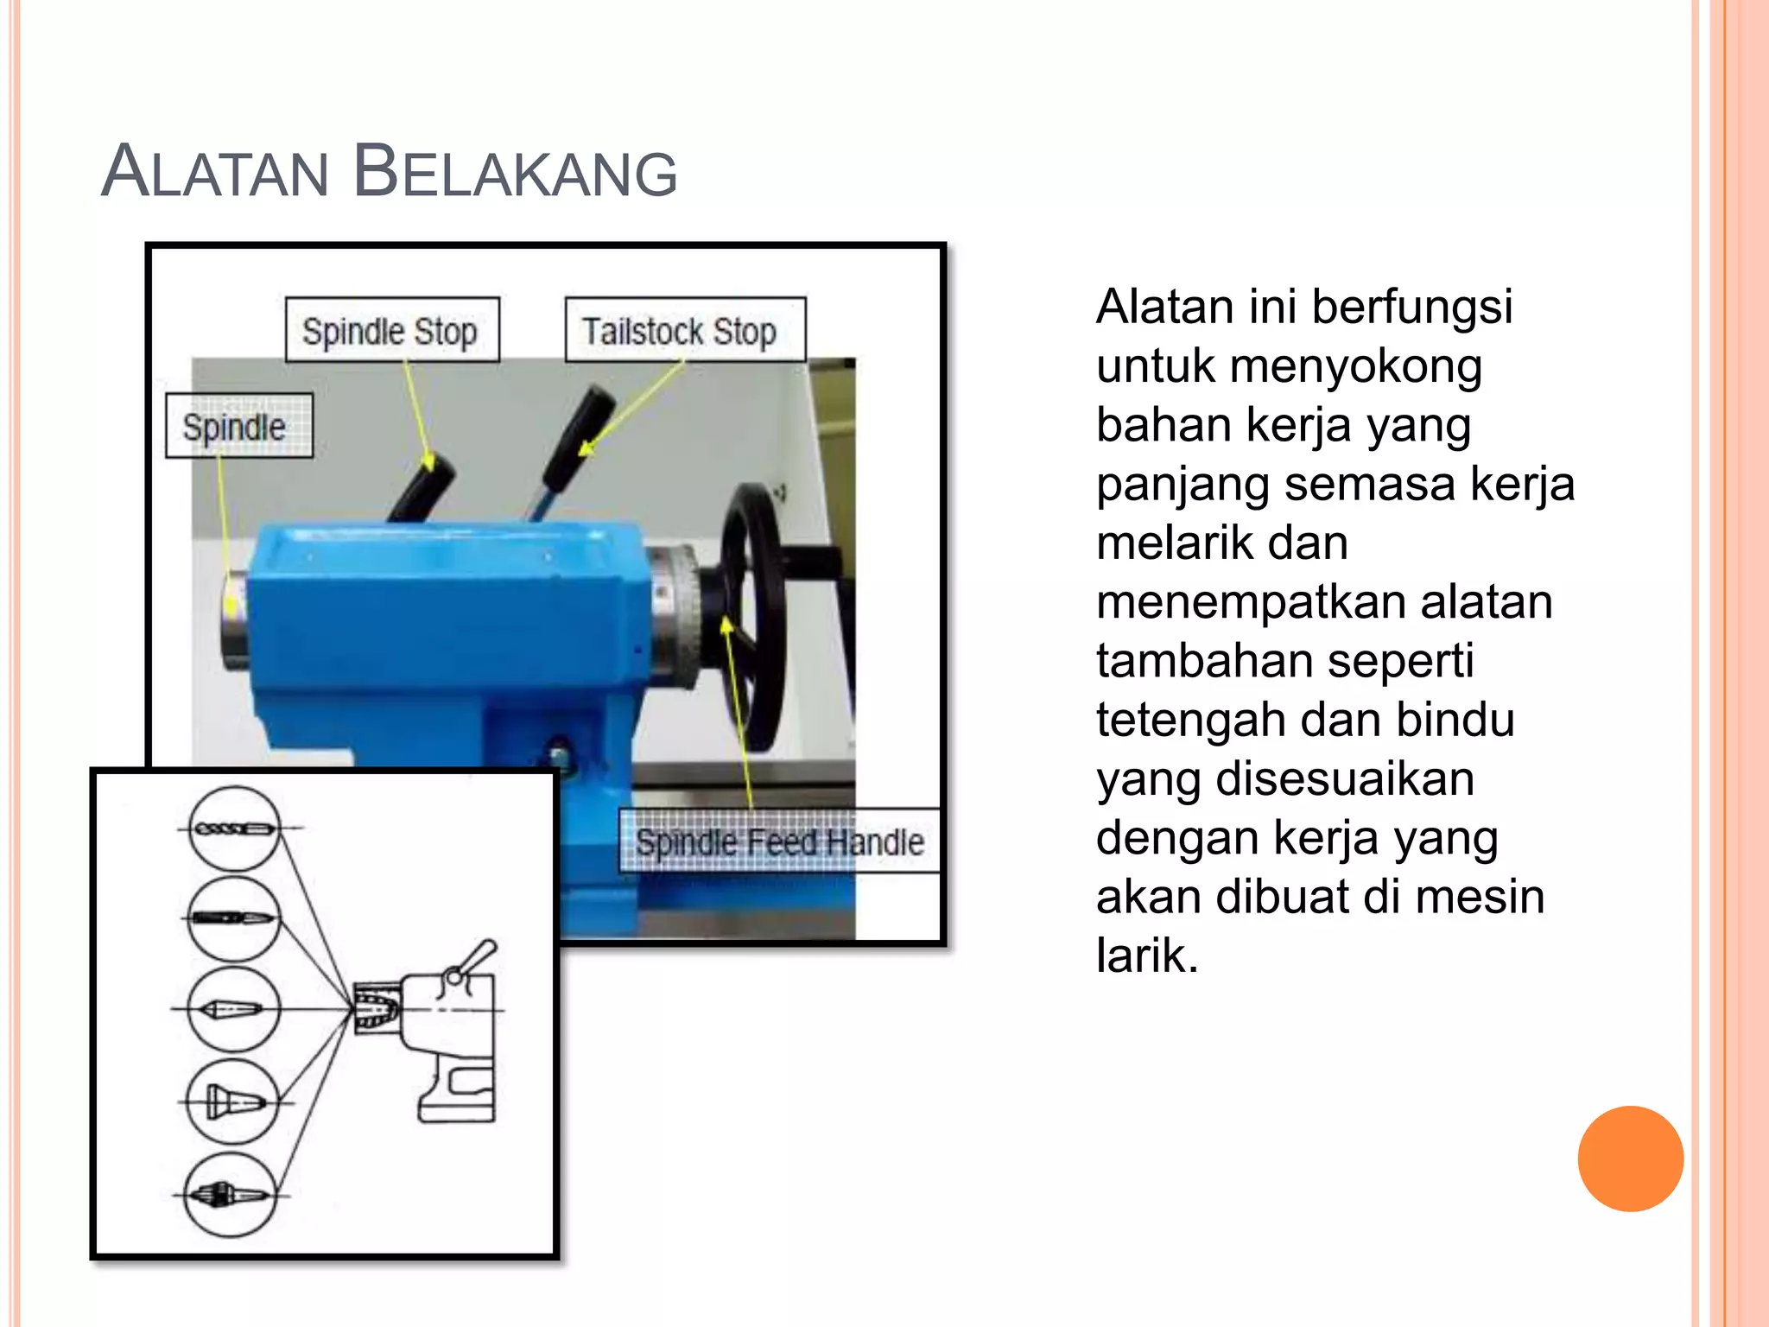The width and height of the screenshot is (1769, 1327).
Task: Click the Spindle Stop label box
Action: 392,330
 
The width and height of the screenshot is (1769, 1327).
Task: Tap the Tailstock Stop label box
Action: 684,330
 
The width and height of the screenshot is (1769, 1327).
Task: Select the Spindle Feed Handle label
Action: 779,841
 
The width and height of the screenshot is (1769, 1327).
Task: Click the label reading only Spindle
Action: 238,426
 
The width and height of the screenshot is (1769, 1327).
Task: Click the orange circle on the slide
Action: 1630,1159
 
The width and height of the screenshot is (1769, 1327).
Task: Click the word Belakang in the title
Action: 515,172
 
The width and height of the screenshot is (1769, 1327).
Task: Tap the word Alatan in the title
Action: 215,172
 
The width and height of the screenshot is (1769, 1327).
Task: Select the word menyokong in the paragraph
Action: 1355,366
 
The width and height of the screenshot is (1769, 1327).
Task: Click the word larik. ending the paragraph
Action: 1147,956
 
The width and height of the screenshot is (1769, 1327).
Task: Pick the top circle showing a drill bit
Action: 234,829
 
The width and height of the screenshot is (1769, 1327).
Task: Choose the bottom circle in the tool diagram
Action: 231,1195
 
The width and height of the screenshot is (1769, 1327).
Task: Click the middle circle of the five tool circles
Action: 234,1009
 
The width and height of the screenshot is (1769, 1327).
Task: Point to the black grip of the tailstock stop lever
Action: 580,436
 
